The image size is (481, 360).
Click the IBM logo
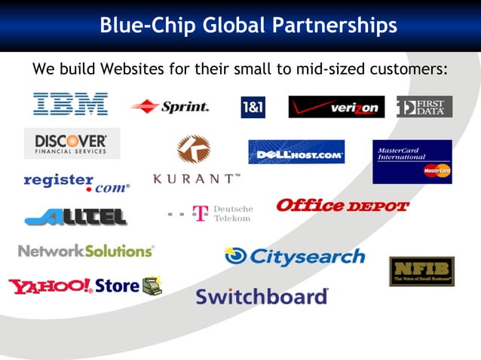point(70,105)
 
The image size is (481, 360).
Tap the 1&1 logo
point(253,108)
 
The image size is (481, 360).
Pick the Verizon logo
point(335,108)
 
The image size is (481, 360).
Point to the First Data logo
point(424,107)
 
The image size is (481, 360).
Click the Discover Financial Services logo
point(71,143)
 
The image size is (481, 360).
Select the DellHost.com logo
point(296,152)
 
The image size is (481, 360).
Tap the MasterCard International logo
point(412,162)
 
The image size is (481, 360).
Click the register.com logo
point(76,182)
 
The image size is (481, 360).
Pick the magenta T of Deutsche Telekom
point(201,213)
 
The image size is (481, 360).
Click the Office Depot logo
point(342,206)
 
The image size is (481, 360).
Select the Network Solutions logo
point(86,251)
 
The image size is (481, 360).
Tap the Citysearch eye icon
point(236,257)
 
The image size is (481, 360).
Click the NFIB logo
point(421,271)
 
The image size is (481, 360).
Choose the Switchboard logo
point(262,296)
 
